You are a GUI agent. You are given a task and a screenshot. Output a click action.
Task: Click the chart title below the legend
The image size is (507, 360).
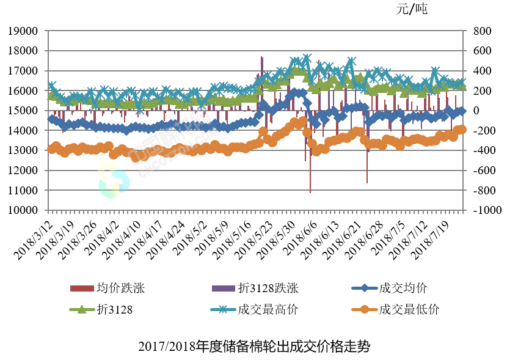click(x=253, y=347)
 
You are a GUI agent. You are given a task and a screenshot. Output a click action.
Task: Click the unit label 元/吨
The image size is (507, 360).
click(x=413, y=9)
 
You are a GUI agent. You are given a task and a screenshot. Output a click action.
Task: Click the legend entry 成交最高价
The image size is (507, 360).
click(x=268, y=309)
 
